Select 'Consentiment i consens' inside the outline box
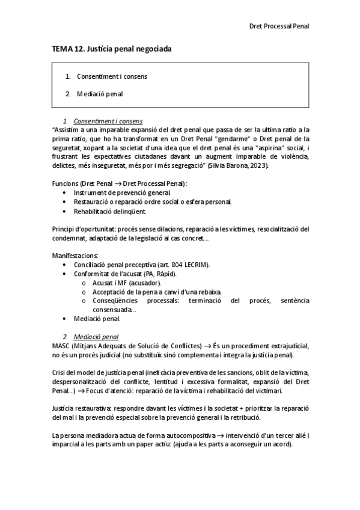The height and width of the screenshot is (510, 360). pos(112,76)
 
